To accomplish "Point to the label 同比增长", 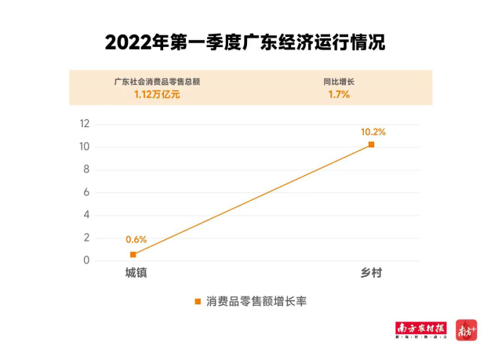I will [x=339, y=81].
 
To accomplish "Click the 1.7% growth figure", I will [x=339, y=95].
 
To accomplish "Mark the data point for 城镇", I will [x=133, y=254].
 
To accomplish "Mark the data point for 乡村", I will [x=371, y=144].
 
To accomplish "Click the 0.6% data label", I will [x=136, y=239].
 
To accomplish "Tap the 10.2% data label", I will [x=373, y=131].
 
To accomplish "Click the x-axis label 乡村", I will [x=371, y=272].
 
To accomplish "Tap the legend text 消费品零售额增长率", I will [x=256, y=301].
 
